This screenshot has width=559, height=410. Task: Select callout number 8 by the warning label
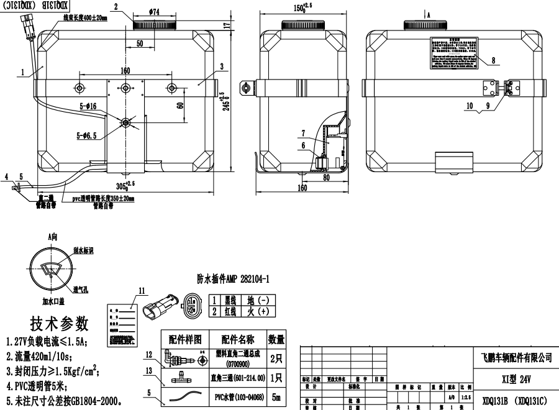pos(493,60)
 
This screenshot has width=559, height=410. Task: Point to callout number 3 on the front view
pos(220,66)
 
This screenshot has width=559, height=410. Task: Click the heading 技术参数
pos(59,324)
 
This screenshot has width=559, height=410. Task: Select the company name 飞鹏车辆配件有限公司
pos(516,358)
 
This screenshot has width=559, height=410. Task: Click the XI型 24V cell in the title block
pos(516,378)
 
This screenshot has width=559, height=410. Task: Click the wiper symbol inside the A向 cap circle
pos(49,269)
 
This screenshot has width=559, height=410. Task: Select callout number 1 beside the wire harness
pos(22,72)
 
